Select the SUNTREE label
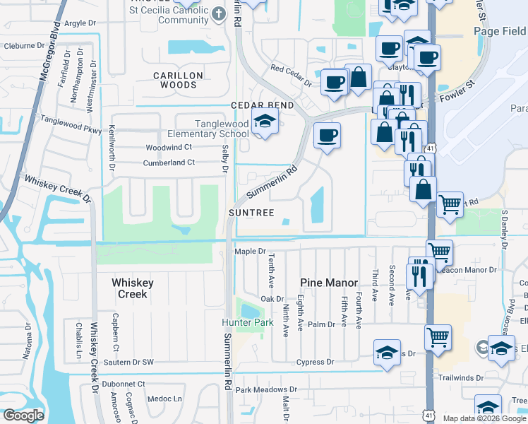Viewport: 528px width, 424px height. coord(250,212)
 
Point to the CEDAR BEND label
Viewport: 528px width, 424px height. coord(252,105)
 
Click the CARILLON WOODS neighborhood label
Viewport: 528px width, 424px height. coord(179,80)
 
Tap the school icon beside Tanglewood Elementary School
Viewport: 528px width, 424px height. coord(265,124)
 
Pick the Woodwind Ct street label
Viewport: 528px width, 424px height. coord(169,148)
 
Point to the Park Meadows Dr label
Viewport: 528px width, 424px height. coord(267,389)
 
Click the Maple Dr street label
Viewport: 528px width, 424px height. coord(250,251)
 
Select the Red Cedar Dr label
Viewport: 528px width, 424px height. coord(292,74)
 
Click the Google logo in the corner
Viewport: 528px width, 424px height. coord(23,415)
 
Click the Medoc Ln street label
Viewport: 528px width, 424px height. coord(167,399)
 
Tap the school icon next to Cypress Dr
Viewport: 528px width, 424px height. coord(387,353)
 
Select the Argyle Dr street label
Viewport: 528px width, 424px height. coord(80,23)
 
